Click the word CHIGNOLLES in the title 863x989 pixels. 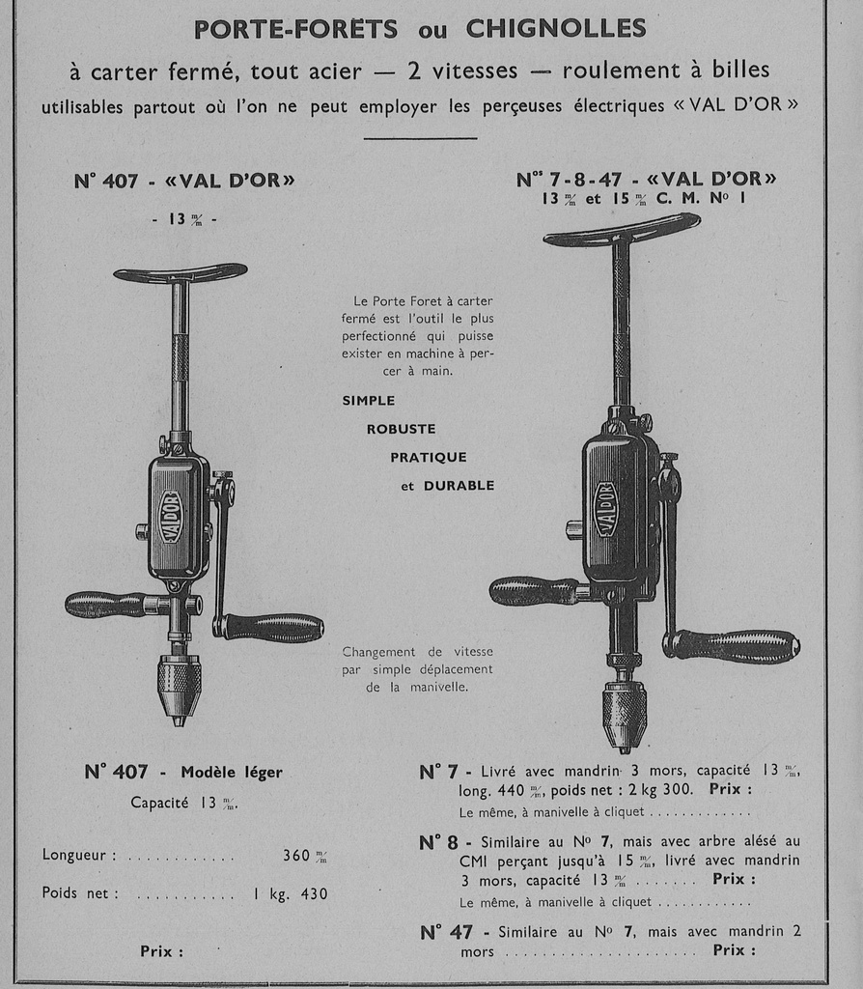click(x=556, y=29)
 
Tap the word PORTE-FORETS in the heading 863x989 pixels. click(x=295, y=29)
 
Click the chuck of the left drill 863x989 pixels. click(x=179, y=684)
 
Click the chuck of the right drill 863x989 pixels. click(x=625, y=711)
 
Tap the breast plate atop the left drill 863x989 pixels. click(x=181, y=273)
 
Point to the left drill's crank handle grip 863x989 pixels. click(x=274, y=628)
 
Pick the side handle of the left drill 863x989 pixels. click(x=104, y=605)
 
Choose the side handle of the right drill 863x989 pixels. click(x=534, y=590)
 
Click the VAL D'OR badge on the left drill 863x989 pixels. click(x=171, y=518)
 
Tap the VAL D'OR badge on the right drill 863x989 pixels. click(x=606, y=509)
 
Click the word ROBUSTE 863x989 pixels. click(x=401, y=429)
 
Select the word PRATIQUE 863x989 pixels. click(x=429, y=457)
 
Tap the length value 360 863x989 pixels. click(x=297, y=855)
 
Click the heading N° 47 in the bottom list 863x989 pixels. click(x=446, y=932)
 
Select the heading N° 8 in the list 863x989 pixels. click(x=439, y=842)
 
